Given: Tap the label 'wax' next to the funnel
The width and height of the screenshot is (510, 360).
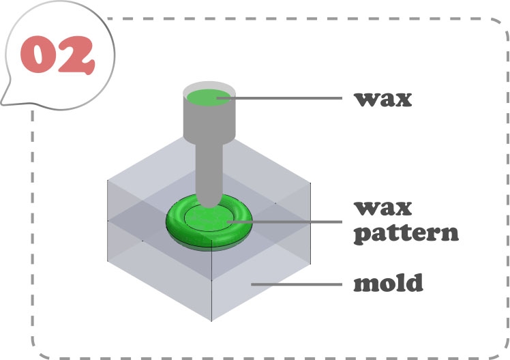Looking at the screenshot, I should point(383,98).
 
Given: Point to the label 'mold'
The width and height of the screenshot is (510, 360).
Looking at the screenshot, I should point(388,282).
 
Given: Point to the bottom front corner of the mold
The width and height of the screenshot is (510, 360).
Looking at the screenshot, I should point(213,320).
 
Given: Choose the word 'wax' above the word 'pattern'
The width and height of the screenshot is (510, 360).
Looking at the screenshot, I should point(383,207).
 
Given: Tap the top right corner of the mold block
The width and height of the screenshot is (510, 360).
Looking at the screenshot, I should point(311,181).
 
